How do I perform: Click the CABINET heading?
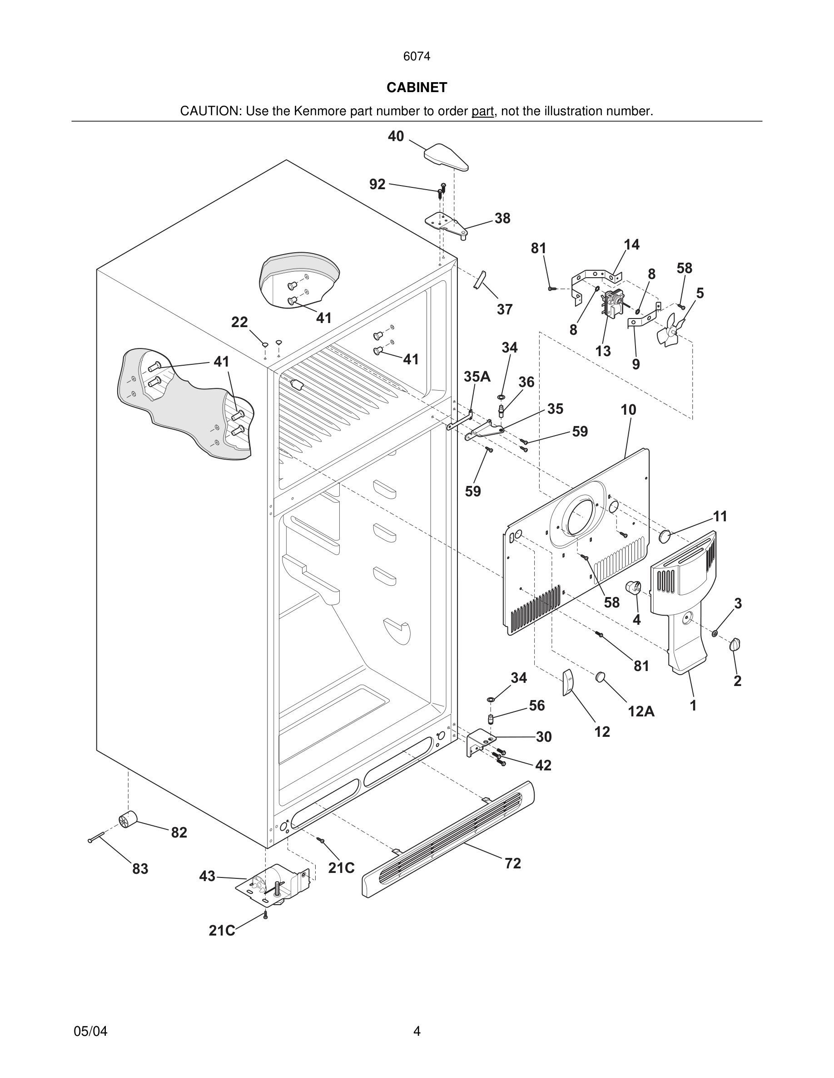click(x=417, y=88)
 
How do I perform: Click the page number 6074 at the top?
click(x=417, y=57)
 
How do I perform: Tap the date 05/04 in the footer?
click(x=90, y=1031)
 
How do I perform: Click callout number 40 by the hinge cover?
click(x=396, y=136)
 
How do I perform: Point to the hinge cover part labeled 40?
click(x=446, y=157)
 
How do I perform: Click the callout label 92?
click(x=377, y=184)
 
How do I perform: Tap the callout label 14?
click(x=631, y=245)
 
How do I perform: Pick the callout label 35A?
click(x=477, y=377)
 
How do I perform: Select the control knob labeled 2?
click(x=735, y=644)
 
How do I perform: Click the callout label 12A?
click(x=641, y=711)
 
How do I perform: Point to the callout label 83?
click(x=140, y=869)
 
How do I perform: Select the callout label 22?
click(x=240, y=322)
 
